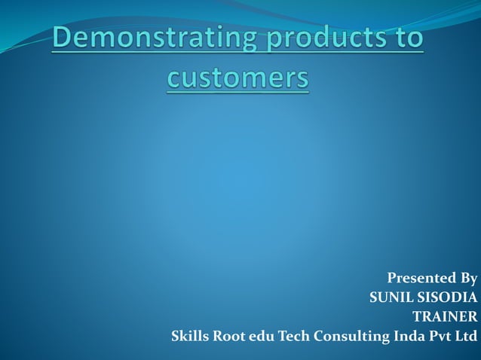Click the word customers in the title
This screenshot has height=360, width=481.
coord(237,78)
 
